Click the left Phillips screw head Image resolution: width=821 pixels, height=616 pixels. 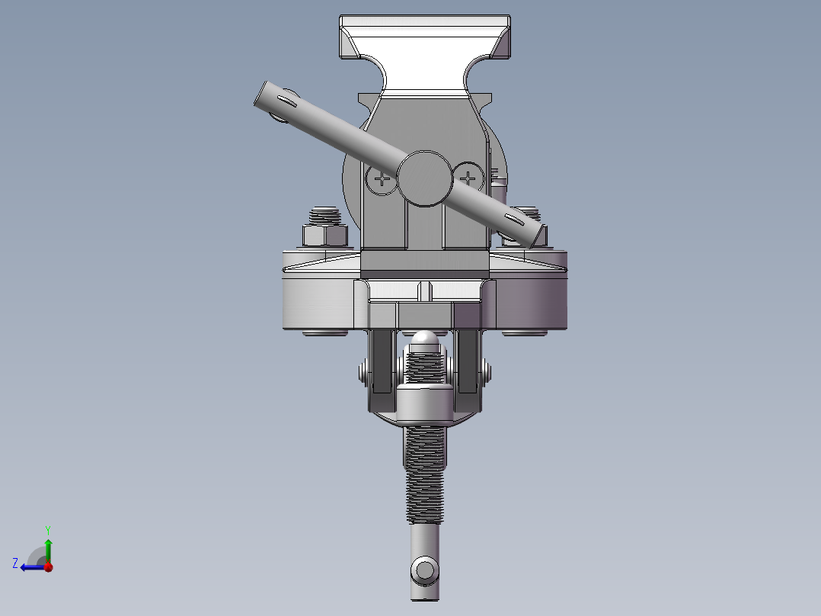380,180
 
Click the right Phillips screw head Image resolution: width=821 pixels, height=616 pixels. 468,179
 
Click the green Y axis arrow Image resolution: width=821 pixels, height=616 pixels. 48,543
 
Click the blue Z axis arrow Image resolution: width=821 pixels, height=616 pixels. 29,566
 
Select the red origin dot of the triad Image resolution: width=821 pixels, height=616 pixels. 48,566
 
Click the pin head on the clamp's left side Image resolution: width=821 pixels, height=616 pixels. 365,374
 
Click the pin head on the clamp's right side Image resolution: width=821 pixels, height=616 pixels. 485,373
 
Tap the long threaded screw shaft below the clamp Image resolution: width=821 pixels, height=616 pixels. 425,473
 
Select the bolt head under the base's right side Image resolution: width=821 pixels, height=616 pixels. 525,332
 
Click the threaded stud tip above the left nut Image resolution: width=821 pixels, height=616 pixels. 326,213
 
